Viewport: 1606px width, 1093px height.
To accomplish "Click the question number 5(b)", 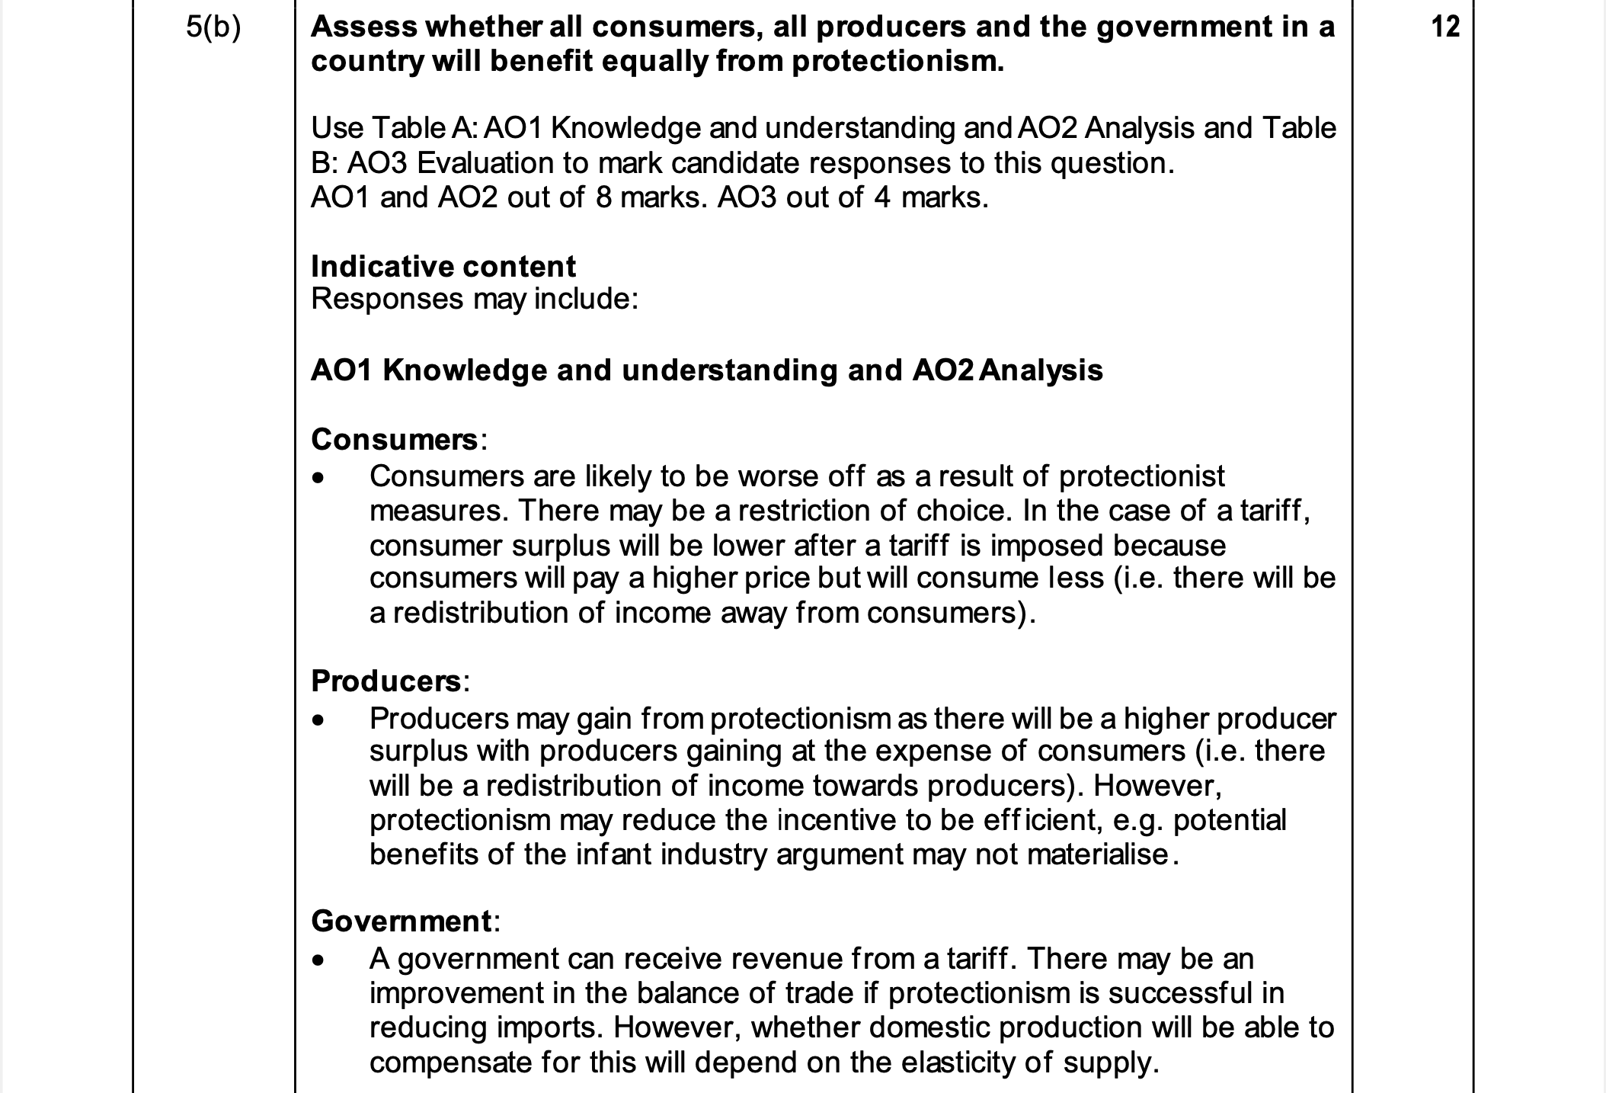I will coord(213,27).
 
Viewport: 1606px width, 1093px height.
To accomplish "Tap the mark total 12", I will coord(1444,27).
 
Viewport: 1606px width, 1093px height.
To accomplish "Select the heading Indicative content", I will coord(443,267).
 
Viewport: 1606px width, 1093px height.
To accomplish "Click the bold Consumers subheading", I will coord(395,439).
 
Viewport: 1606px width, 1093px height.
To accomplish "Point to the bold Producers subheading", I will coord(386,681).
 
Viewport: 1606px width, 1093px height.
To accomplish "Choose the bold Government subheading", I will coord(401,922).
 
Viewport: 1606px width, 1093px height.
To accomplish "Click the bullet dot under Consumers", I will coord(318,479).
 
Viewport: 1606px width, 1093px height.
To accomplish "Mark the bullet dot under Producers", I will coord(318,720).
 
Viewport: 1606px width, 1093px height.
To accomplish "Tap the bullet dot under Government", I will coord(318,961).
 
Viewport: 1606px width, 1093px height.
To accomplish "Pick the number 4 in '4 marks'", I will coord(881,198).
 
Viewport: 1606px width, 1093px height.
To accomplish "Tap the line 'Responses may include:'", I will coord(474,300).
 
